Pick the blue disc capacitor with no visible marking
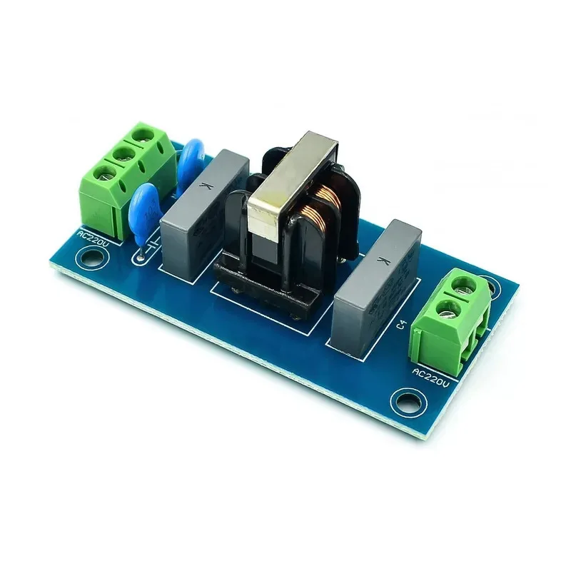191,163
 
